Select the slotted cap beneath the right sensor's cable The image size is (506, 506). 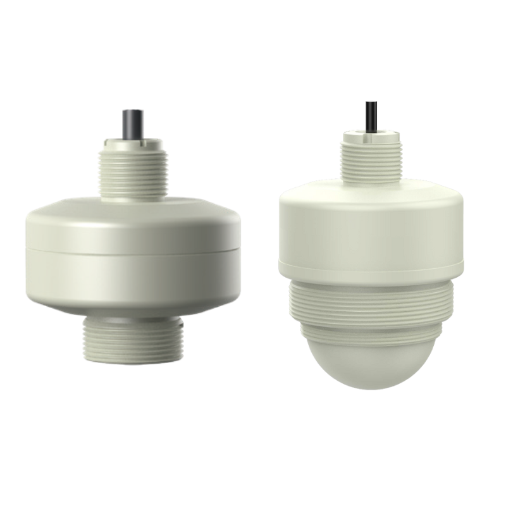coord(371,136)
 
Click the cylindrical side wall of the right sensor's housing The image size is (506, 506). coord(371,234)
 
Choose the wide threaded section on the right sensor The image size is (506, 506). coord(371,304)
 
